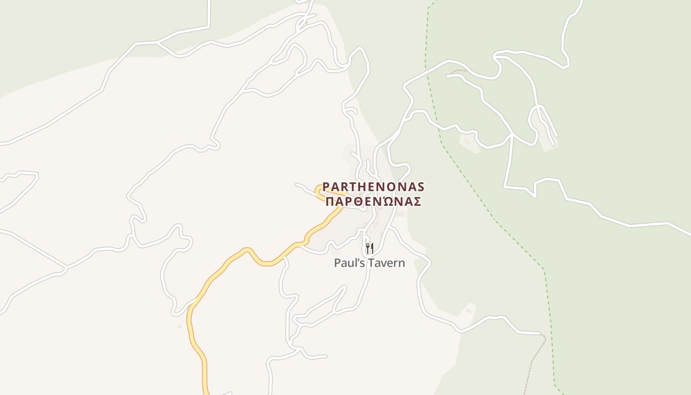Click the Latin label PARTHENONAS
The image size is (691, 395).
coord(373,187)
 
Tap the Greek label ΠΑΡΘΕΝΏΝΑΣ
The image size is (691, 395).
coord(373,201)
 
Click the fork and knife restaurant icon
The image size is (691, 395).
coord(369,248)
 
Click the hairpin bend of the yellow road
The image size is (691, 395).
coord(317,191)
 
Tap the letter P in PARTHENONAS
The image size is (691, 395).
coord(326,187)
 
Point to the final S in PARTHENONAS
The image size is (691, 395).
coord(421,187)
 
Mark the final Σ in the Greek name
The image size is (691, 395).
coord(417,201)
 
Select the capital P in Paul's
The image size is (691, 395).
coord(338,263)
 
